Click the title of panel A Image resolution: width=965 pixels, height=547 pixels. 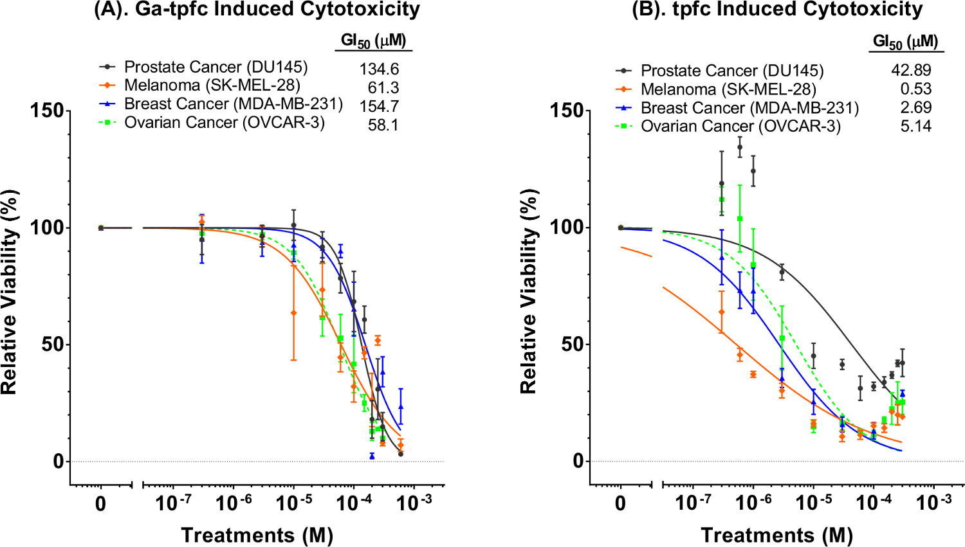click(x=257, y=10)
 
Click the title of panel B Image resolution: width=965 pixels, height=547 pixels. click(x=777, y=10)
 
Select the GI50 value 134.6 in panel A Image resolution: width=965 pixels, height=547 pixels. click(x=379, y=69)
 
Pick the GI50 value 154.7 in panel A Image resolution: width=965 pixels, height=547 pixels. click(x=379, y=106)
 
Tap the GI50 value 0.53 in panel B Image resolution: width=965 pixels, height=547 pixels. click(x=915, y=89)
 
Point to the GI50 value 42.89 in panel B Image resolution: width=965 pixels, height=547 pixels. click(x=911, y=70)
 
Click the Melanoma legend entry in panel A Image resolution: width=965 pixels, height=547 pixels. click(x=212, y=85)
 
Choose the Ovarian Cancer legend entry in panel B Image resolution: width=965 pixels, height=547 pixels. click(x=740, y=126)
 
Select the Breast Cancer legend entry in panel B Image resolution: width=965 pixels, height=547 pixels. click(x=749, y=107)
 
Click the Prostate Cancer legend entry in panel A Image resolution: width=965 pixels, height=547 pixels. click(x=216, y=67)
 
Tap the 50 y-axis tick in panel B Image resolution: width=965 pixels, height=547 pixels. click(x=571, y=344)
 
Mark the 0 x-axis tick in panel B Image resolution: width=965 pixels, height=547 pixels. click(x=620, y=503)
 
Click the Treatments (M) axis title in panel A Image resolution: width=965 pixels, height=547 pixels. click(x=257, y=535)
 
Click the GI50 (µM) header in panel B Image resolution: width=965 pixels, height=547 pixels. click(x=905, y=42)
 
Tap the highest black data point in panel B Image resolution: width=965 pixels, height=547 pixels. click(x=740, y=147)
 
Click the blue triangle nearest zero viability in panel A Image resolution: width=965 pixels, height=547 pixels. click(x=372, y=456)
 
